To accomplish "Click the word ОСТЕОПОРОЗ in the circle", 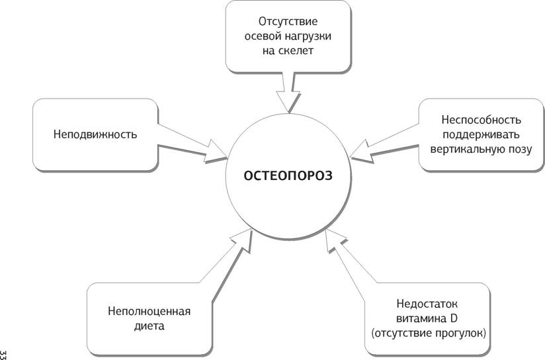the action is tap(288, 175).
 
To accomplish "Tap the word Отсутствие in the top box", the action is tap(288, 22).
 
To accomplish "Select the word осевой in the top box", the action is tap(263, 36).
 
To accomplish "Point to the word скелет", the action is tap(296, 51).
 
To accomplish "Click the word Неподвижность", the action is tap(95, 134).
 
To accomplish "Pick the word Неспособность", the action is tap(481, 120).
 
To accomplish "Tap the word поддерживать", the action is tap(481, 134).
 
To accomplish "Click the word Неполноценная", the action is tap(149, 311).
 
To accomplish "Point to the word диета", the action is tap(149, 326).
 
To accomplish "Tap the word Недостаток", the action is tap(427, 304).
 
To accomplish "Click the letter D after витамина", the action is tap(453, 318).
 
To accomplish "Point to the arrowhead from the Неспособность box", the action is tap(362, 152).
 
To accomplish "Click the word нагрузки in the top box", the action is tap(309, 37).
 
